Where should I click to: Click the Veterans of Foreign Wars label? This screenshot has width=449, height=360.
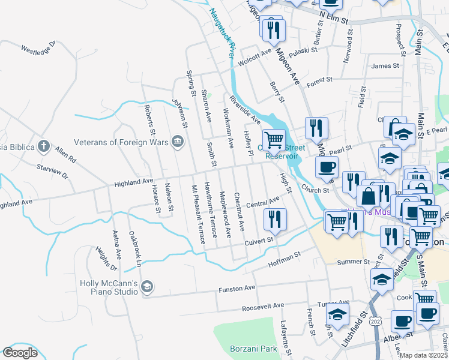tap(120, 142)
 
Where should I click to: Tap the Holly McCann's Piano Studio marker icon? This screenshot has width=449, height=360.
tap(147, 287)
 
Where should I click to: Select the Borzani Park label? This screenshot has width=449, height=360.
tap(253, 348)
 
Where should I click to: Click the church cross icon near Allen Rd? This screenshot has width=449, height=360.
tap(43, 146)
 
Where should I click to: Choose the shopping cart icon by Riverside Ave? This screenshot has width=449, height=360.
tap(274, 140)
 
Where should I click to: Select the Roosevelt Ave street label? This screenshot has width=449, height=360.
tap(263, 306)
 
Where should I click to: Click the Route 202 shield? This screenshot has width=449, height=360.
tap(376, 322)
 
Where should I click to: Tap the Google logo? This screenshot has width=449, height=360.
tap(20, 353)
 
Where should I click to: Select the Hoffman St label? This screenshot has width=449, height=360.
tap(283, 259)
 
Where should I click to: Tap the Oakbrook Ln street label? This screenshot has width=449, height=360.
tap(136, 249)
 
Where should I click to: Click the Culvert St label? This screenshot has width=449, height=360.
tap(259, 241)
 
